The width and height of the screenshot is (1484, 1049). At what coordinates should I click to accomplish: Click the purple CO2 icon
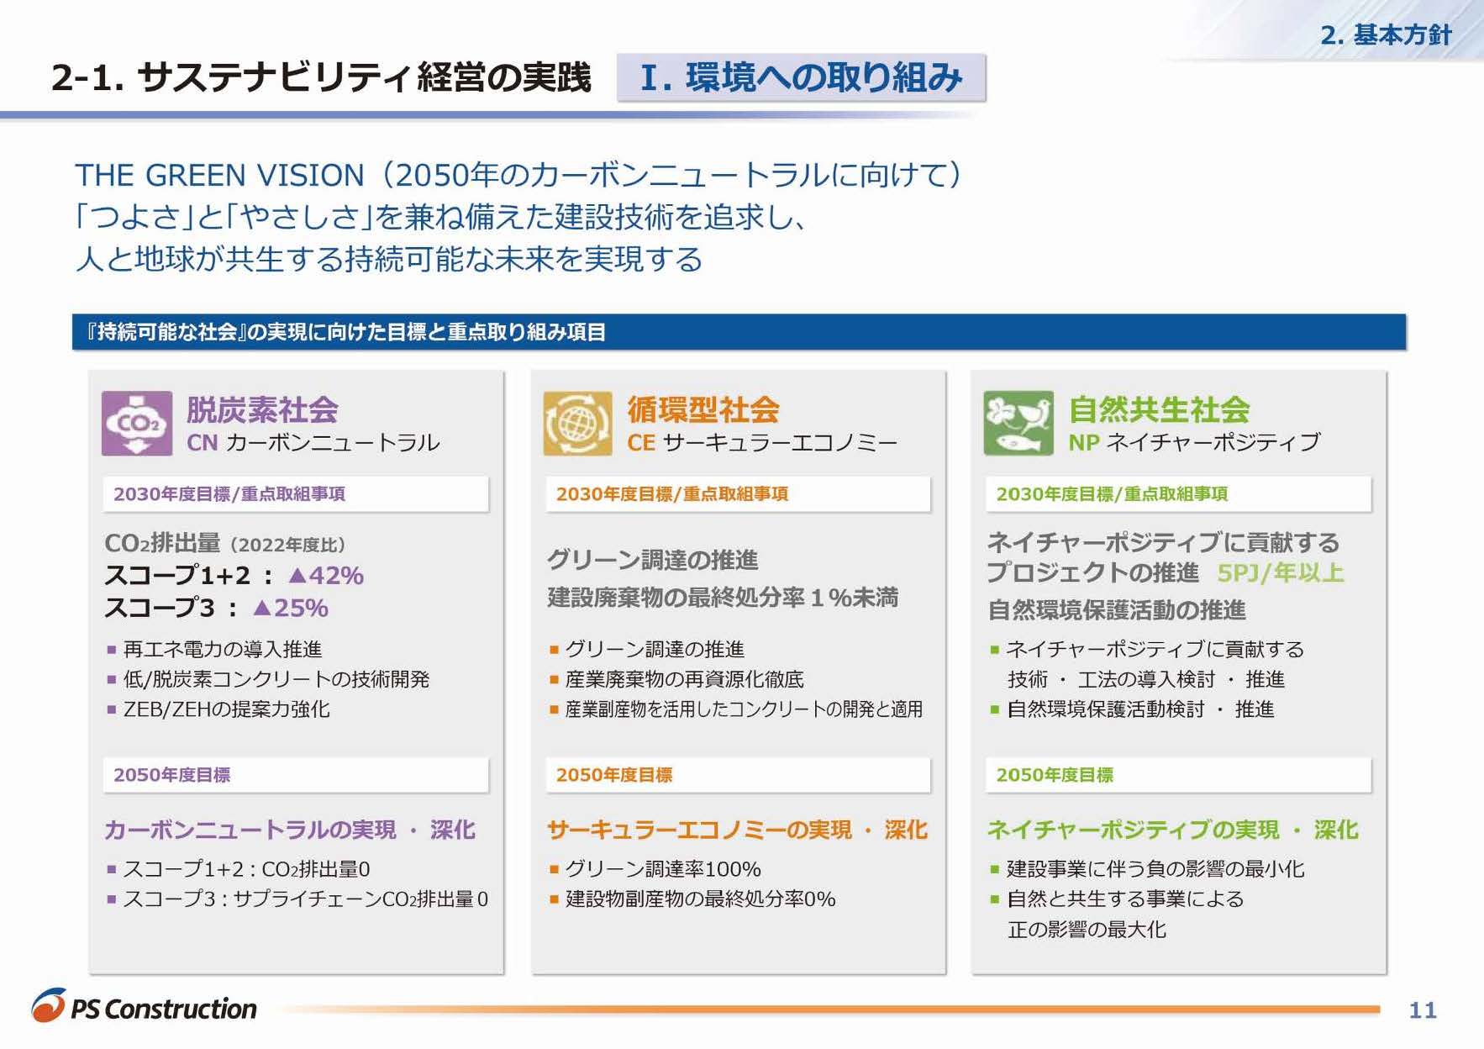click(137, 424)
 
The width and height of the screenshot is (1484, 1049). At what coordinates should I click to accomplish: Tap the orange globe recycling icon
click(577, 424)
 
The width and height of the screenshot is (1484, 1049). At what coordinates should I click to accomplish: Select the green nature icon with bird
click(1018, 424)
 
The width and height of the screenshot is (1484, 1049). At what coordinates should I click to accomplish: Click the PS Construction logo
click(145, 1006)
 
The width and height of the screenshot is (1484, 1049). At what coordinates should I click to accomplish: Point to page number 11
click(1423, 1009)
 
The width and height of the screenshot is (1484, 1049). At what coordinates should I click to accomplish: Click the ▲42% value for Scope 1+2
click(326, 576)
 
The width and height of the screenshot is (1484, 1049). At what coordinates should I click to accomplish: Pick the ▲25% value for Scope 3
click(291, 608)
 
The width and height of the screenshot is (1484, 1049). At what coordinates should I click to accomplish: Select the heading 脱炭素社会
click(262, 410)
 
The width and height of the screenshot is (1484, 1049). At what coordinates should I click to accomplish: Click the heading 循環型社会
click(703, 410)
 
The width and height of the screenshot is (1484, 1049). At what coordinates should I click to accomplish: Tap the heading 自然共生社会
click(1160, 410)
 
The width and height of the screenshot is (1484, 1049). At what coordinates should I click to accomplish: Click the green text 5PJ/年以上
click(1281, 573)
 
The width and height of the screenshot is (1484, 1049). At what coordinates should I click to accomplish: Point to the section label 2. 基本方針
click(1387, 34)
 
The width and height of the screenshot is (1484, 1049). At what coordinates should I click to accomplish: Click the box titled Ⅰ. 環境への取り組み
click(801, 77)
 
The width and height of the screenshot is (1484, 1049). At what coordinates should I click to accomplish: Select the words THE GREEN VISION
click(219, 175)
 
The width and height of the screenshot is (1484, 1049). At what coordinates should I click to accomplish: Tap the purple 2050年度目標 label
click(171, 775)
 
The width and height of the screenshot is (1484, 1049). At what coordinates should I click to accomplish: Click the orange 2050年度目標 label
click(614, 775)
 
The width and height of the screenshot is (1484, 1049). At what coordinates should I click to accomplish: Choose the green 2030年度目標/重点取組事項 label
click(1112, 494)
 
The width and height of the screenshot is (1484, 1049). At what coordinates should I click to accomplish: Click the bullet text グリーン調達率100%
click(663, 868)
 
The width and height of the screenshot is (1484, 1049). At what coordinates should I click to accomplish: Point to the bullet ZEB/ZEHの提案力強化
click(226, 709)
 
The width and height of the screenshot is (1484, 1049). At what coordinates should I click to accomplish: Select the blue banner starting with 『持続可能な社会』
click(739, 332)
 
